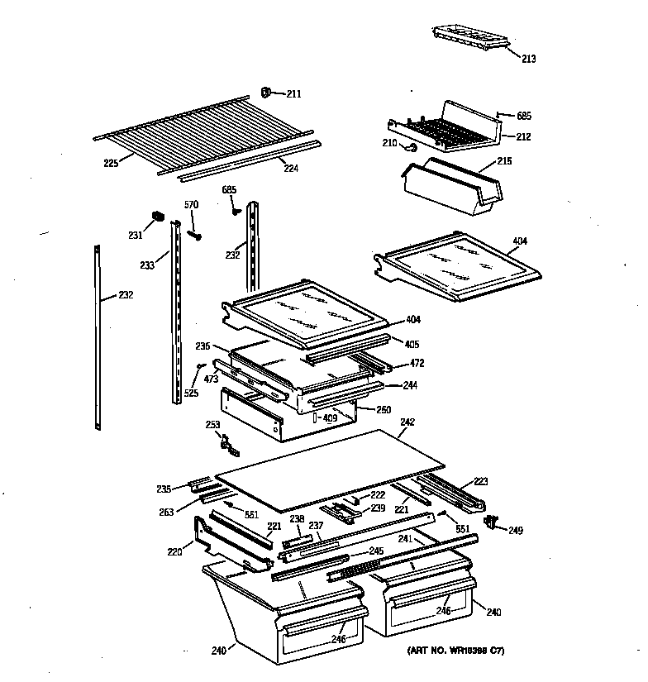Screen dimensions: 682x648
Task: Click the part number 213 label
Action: [x=528, y=59]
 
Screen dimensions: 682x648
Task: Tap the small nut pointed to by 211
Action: [x=267, y=92]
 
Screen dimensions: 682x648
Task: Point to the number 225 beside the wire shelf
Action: [x=111, y=163]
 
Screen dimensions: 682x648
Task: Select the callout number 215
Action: [x=504, y=161]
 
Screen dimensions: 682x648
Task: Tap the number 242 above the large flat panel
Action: [x=407, y=422]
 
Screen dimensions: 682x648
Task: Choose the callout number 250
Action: [x=383, y=410]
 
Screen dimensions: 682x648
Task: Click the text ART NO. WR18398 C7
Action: [x=455, y=651]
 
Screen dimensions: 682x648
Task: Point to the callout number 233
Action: [x=147, y=265]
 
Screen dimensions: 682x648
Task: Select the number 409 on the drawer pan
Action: [x=330, y=417]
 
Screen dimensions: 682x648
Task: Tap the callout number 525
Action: [x=191, y=393]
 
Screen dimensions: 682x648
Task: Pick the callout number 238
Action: [x=297, y=519]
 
